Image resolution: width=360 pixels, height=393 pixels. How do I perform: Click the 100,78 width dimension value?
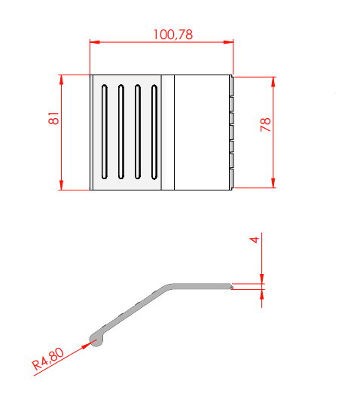click(173, 35)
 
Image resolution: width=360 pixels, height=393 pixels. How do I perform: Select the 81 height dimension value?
click(53, 118)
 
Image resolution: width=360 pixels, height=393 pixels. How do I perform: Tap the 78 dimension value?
click(265, 125)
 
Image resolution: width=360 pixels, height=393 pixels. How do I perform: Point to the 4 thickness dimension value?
click(255, 240)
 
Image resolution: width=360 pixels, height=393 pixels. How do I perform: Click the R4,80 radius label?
click(47, 359)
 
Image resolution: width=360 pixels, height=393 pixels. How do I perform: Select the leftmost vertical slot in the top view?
click(105, 132)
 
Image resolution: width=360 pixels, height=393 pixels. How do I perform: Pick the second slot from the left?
click(121, 132)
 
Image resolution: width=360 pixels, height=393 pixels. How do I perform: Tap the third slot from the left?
click(138, 132)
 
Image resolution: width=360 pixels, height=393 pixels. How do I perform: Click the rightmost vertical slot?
click(154, 132)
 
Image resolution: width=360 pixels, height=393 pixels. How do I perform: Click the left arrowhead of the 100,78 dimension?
click(95, 42)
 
